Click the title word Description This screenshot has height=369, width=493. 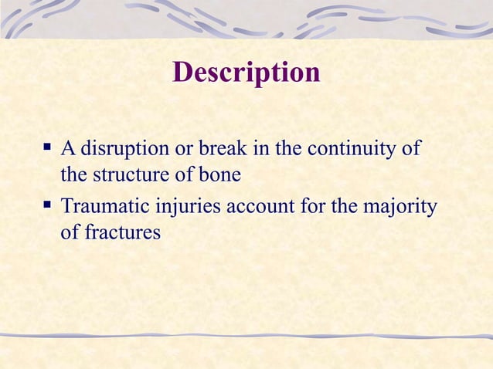[x=246, y=73]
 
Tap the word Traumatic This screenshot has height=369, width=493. [x=105, y=207]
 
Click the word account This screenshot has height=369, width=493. [x=260, y=207]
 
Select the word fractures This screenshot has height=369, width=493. [x=121, y=232]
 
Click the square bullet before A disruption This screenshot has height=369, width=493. [x=48, y=146]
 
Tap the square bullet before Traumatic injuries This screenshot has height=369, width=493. [x=48, y=206]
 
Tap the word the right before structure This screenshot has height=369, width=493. [x=74, y=175]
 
